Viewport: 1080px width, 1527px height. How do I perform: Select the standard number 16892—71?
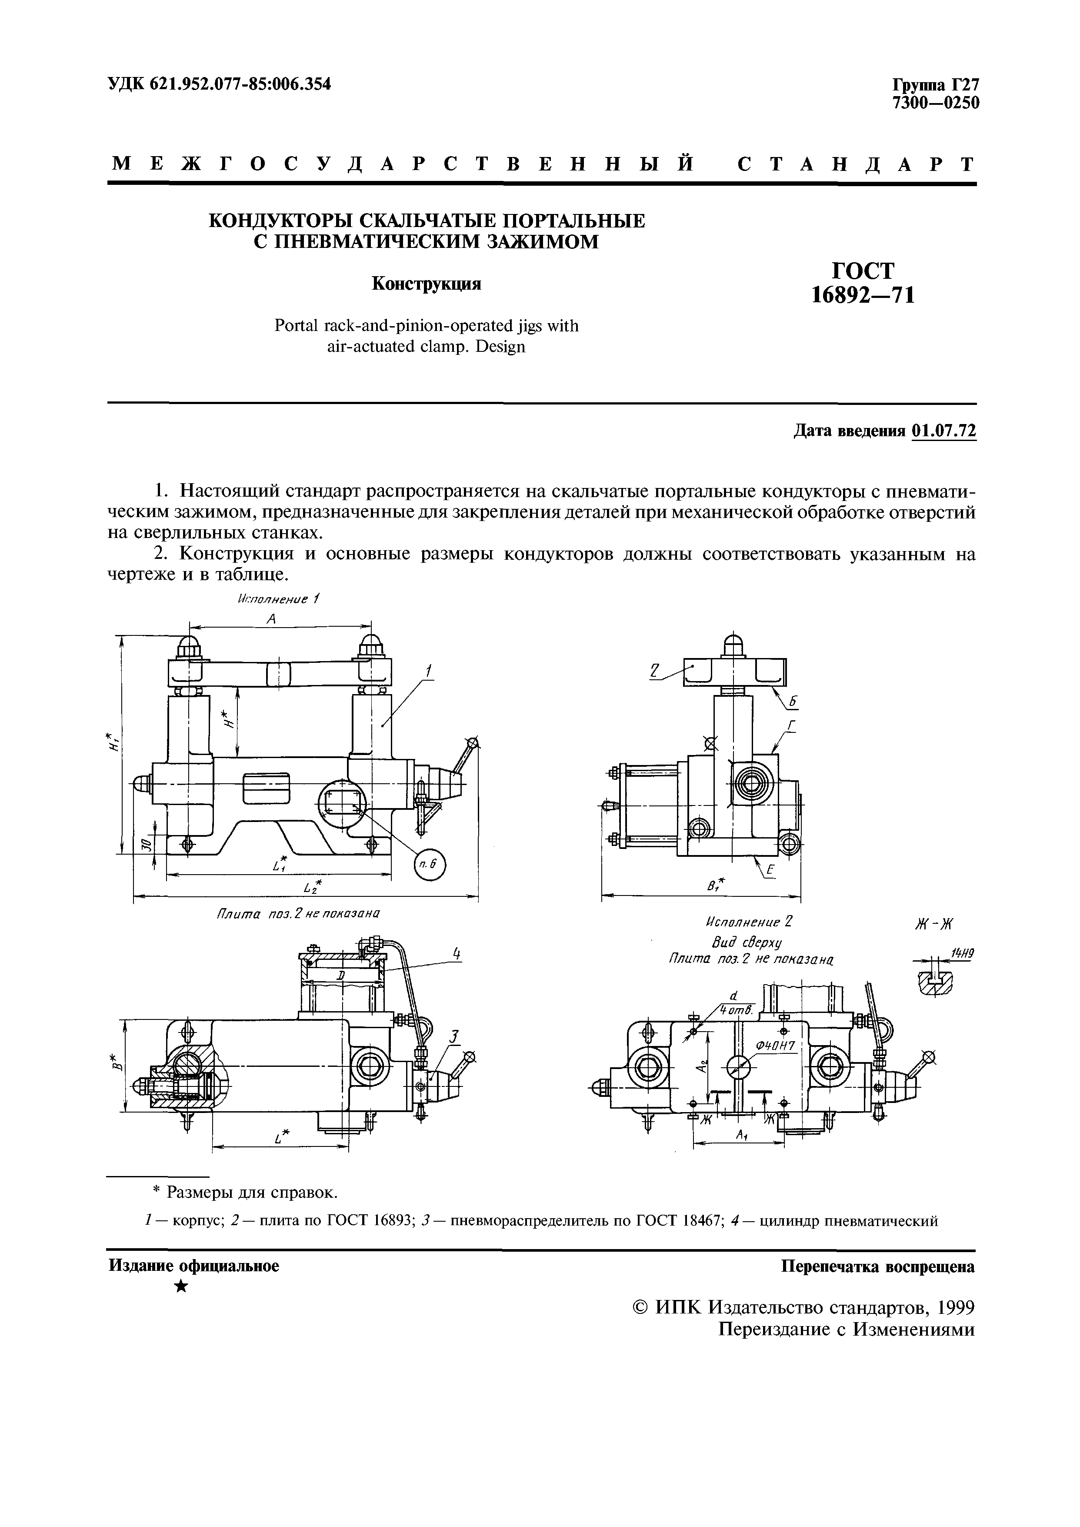click(863, 293)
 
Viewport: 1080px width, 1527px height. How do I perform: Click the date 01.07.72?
click(944, 431)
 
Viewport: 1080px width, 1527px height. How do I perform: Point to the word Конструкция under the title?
click(426, 284)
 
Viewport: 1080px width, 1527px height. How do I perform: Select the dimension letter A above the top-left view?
click(271, 618)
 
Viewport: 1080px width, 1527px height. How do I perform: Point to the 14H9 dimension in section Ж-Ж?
click(962, 954)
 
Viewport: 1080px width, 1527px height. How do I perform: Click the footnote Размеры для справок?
click(251, 1193)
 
